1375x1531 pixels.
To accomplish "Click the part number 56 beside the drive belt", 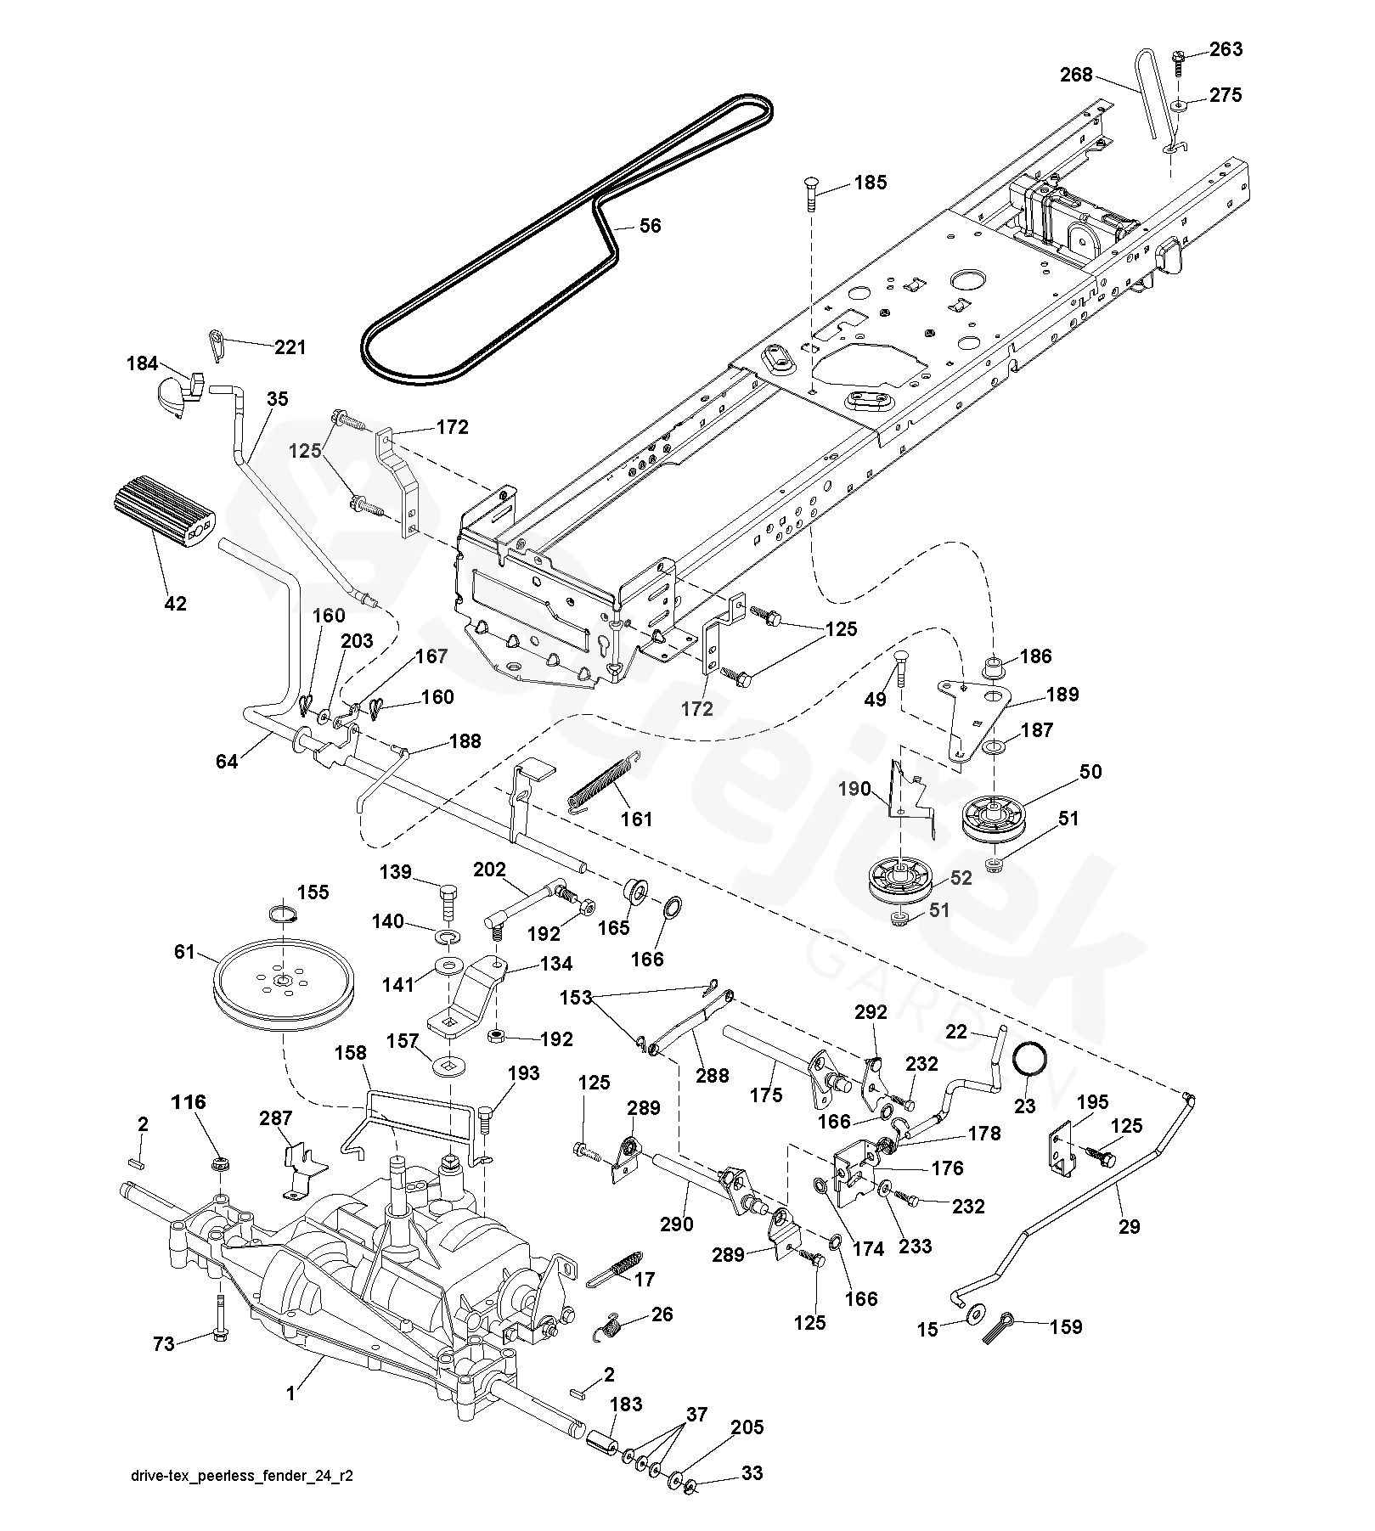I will click(650, 226).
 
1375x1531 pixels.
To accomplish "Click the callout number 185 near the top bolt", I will click(871, 182).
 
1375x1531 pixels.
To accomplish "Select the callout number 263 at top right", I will click(1226, 49).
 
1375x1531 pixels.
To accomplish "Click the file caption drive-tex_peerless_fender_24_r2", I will click(242, 1500).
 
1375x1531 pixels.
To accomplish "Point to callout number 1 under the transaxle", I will click(290, 1393).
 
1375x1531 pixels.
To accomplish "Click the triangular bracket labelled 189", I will click(977, 706).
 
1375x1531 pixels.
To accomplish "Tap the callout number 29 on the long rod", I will click(1130, 1226).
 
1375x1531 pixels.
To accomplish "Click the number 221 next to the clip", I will click(290, 347).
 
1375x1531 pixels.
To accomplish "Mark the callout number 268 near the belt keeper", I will click(1076, 75).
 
